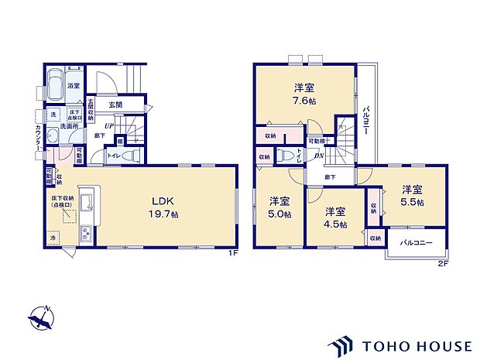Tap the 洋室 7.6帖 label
pos(303,94)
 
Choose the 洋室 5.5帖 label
pos(411,194)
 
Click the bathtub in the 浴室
pos(55,86)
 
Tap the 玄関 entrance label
pos(115,105)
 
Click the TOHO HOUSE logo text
pos(413,345)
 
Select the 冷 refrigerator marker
pos(53,239)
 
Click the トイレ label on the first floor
pos(114,156)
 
